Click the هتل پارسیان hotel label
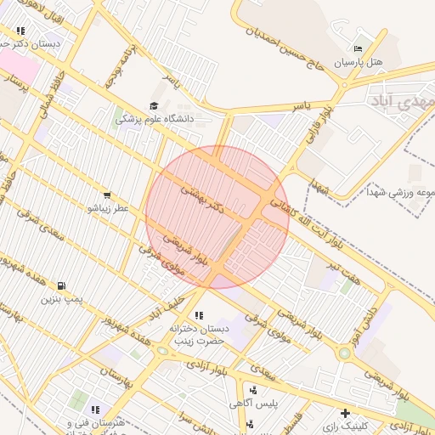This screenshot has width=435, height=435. point(359,63)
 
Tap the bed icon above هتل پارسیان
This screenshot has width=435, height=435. point(358,49)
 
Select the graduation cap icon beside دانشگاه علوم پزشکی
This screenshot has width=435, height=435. point(154,106)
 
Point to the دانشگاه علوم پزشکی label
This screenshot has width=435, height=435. point(155,119)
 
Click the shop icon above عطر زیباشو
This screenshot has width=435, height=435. point(106,195)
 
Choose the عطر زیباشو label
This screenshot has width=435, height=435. point(107,207)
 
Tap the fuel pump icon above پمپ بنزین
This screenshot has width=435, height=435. point(60,285)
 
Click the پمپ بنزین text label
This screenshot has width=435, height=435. point(61,298)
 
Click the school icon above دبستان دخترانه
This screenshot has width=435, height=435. point(198,315)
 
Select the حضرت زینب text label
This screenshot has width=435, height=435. point(197,340)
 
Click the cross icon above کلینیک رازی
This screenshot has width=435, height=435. point(345,413)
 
